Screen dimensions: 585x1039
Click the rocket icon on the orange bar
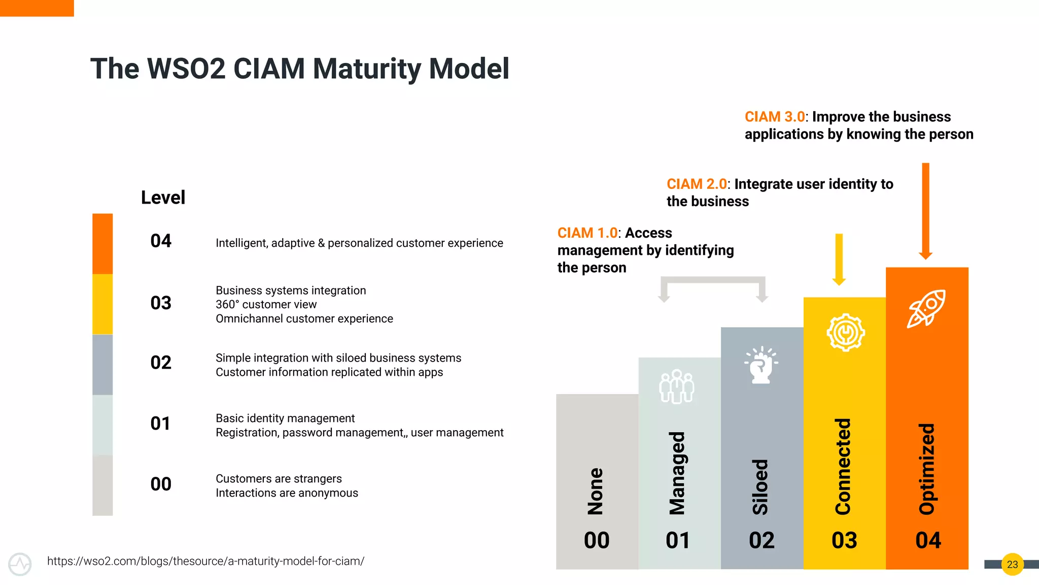pos(926,308)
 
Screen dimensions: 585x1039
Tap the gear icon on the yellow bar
pos(845,333)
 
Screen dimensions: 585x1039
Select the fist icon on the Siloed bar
pos(761,365)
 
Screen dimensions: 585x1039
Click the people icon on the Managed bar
pos(677,386)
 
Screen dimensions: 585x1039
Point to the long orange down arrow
pos(925,211)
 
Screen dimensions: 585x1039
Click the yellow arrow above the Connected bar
pos(839,259)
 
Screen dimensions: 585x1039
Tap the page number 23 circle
pos(1012,564)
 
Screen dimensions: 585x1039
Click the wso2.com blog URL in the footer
pos(205,561)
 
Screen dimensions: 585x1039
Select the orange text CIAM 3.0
pos(774,117)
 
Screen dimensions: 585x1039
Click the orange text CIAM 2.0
pos(697,184)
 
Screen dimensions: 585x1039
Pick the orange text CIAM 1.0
pos(587,233)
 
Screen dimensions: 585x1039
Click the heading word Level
pos(163,198)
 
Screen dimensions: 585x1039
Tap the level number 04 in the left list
pos(161,241)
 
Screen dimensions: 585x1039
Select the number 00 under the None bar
pos(597,540)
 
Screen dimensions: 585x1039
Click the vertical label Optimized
pos(927,469)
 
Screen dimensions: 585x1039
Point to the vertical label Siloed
pos(760,486)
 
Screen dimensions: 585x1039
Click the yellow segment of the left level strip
pos(102,304)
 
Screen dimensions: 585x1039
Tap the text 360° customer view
pos(266,305)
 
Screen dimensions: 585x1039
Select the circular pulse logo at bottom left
pos(20,564)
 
